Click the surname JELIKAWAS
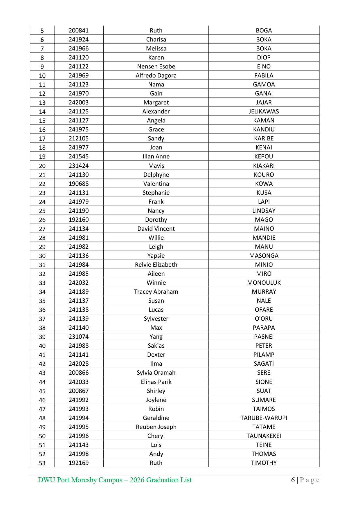264,111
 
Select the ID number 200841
79,30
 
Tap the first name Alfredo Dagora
156,75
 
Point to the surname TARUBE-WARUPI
264,418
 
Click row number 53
42,463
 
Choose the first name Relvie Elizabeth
156,265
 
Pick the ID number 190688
79,184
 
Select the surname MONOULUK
264,283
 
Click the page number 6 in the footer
293,480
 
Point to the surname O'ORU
264,319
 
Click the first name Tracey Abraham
156,292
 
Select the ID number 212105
79,138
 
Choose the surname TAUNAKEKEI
264,436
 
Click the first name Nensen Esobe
156,66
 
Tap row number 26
42,220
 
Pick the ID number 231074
79,337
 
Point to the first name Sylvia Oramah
156,373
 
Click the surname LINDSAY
264,211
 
